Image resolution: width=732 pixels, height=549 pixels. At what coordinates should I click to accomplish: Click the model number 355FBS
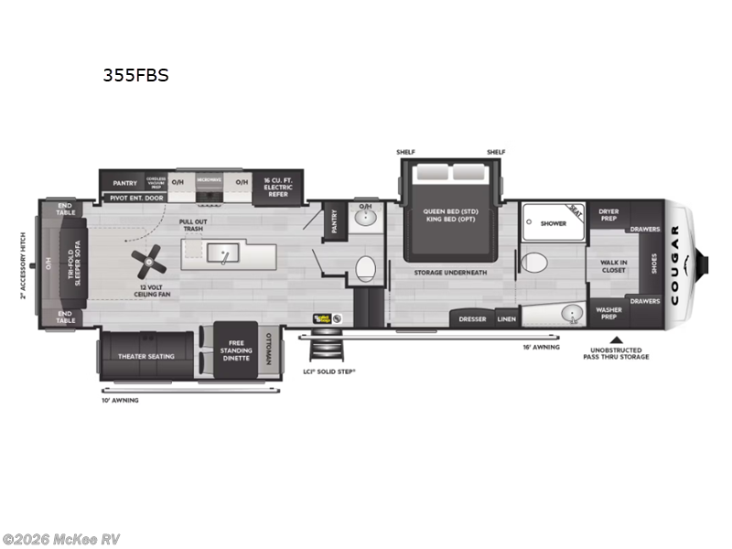click(135, 76)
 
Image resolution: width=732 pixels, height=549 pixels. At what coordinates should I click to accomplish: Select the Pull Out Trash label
click(192, 225)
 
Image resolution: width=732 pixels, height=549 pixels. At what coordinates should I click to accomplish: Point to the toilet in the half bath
click(364, 268)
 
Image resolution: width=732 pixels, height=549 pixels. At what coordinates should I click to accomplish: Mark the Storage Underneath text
click(448, 273)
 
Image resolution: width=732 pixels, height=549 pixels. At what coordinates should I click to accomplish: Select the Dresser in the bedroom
click(472, 318)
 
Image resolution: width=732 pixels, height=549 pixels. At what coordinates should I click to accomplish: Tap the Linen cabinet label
click(506, 318)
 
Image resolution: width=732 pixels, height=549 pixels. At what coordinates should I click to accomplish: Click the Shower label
click(554, 223)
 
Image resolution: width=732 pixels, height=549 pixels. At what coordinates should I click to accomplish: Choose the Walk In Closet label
click(613, 266)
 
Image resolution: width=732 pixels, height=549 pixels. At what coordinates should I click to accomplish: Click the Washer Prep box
click(608, 314)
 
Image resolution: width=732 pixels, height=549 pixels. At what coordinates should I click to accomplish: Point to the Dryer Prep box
click(608, 215)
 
